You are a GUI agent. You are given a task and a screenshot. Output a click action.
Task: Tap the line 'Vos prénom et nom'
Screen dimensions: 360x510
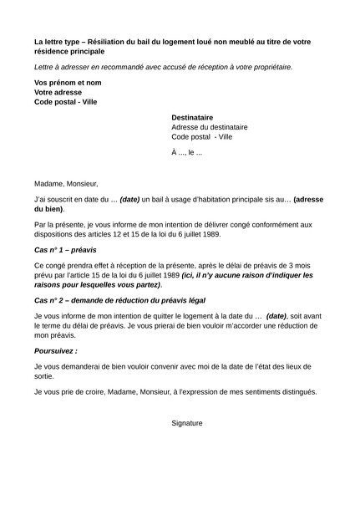(x=68, y=83)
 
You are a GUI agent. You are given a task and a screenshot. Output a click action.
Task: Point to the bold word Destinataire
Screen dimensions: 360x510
(x=192, y=118)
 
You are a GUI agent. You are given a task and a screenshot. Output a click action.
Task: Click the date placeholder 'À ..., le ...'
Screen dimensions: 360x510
(x=187, y=153)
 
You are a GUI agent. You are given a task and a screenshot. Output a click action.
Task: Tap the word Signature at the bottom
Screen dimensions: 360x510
(x=187, y=423)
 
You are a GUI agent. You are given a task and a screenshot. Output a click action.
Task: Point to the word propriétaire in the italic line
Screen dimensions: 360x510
(x=268, y=66)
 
